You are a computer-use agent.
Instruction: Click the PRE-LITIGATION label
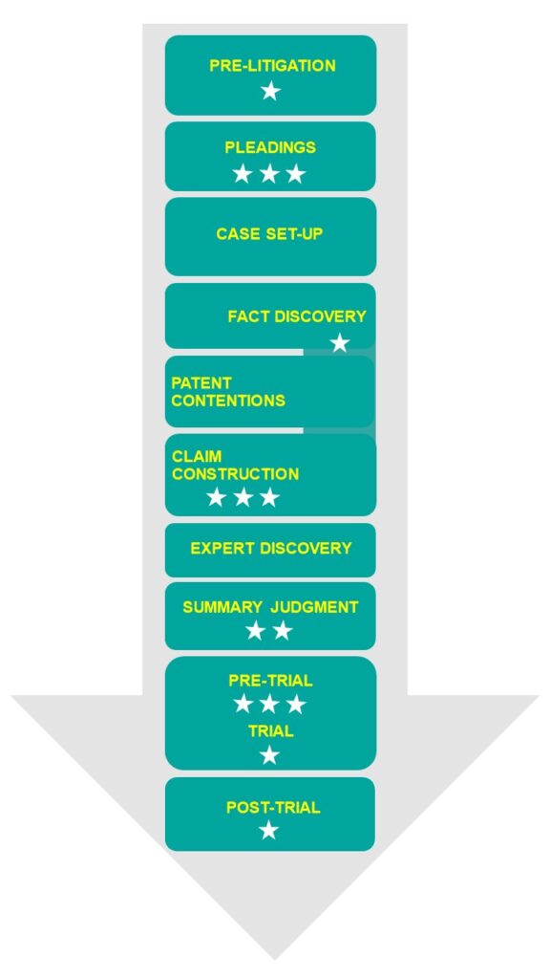pos(272,66)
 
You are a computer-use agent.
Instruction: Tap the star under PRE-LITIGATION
pos(270,91)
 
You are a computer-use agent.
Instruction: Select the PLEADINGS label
pos(270,147)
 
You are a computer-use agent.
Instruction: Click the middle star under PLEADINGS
pos(269,174)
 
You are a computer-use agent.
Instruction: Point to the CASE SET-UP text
pos(270,233)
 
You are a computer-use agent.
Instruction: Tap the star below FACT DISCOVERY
pos(340,343)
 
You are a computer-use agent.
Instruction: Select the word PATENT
pos(201,382)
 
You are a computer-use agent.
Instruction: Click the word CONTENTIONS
pos(228,401)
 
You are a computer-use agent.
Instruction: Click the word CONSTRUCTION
pos(236,474)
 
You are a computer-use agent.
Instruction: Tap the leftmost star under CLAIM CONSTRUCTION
pos(216,497)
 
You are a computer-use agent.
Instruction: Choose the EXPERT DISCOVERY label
pos(271,548)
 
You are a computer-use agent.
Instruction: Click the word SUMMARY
pos(222,607)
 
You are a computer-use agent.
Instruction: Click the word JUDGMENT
pos(315,607)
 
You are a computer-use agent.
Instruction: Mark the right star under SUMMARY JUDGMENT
pos(283,631)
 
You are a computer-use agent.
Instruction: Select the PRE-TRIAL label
pos(270,681)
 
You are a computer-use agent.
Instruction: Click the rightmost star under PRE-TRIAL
pos(296,704)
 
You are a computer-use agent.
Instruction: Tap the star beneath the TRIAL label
pos(269,755)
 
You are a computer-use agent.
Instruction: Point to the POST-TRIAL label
pos(273,807)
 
